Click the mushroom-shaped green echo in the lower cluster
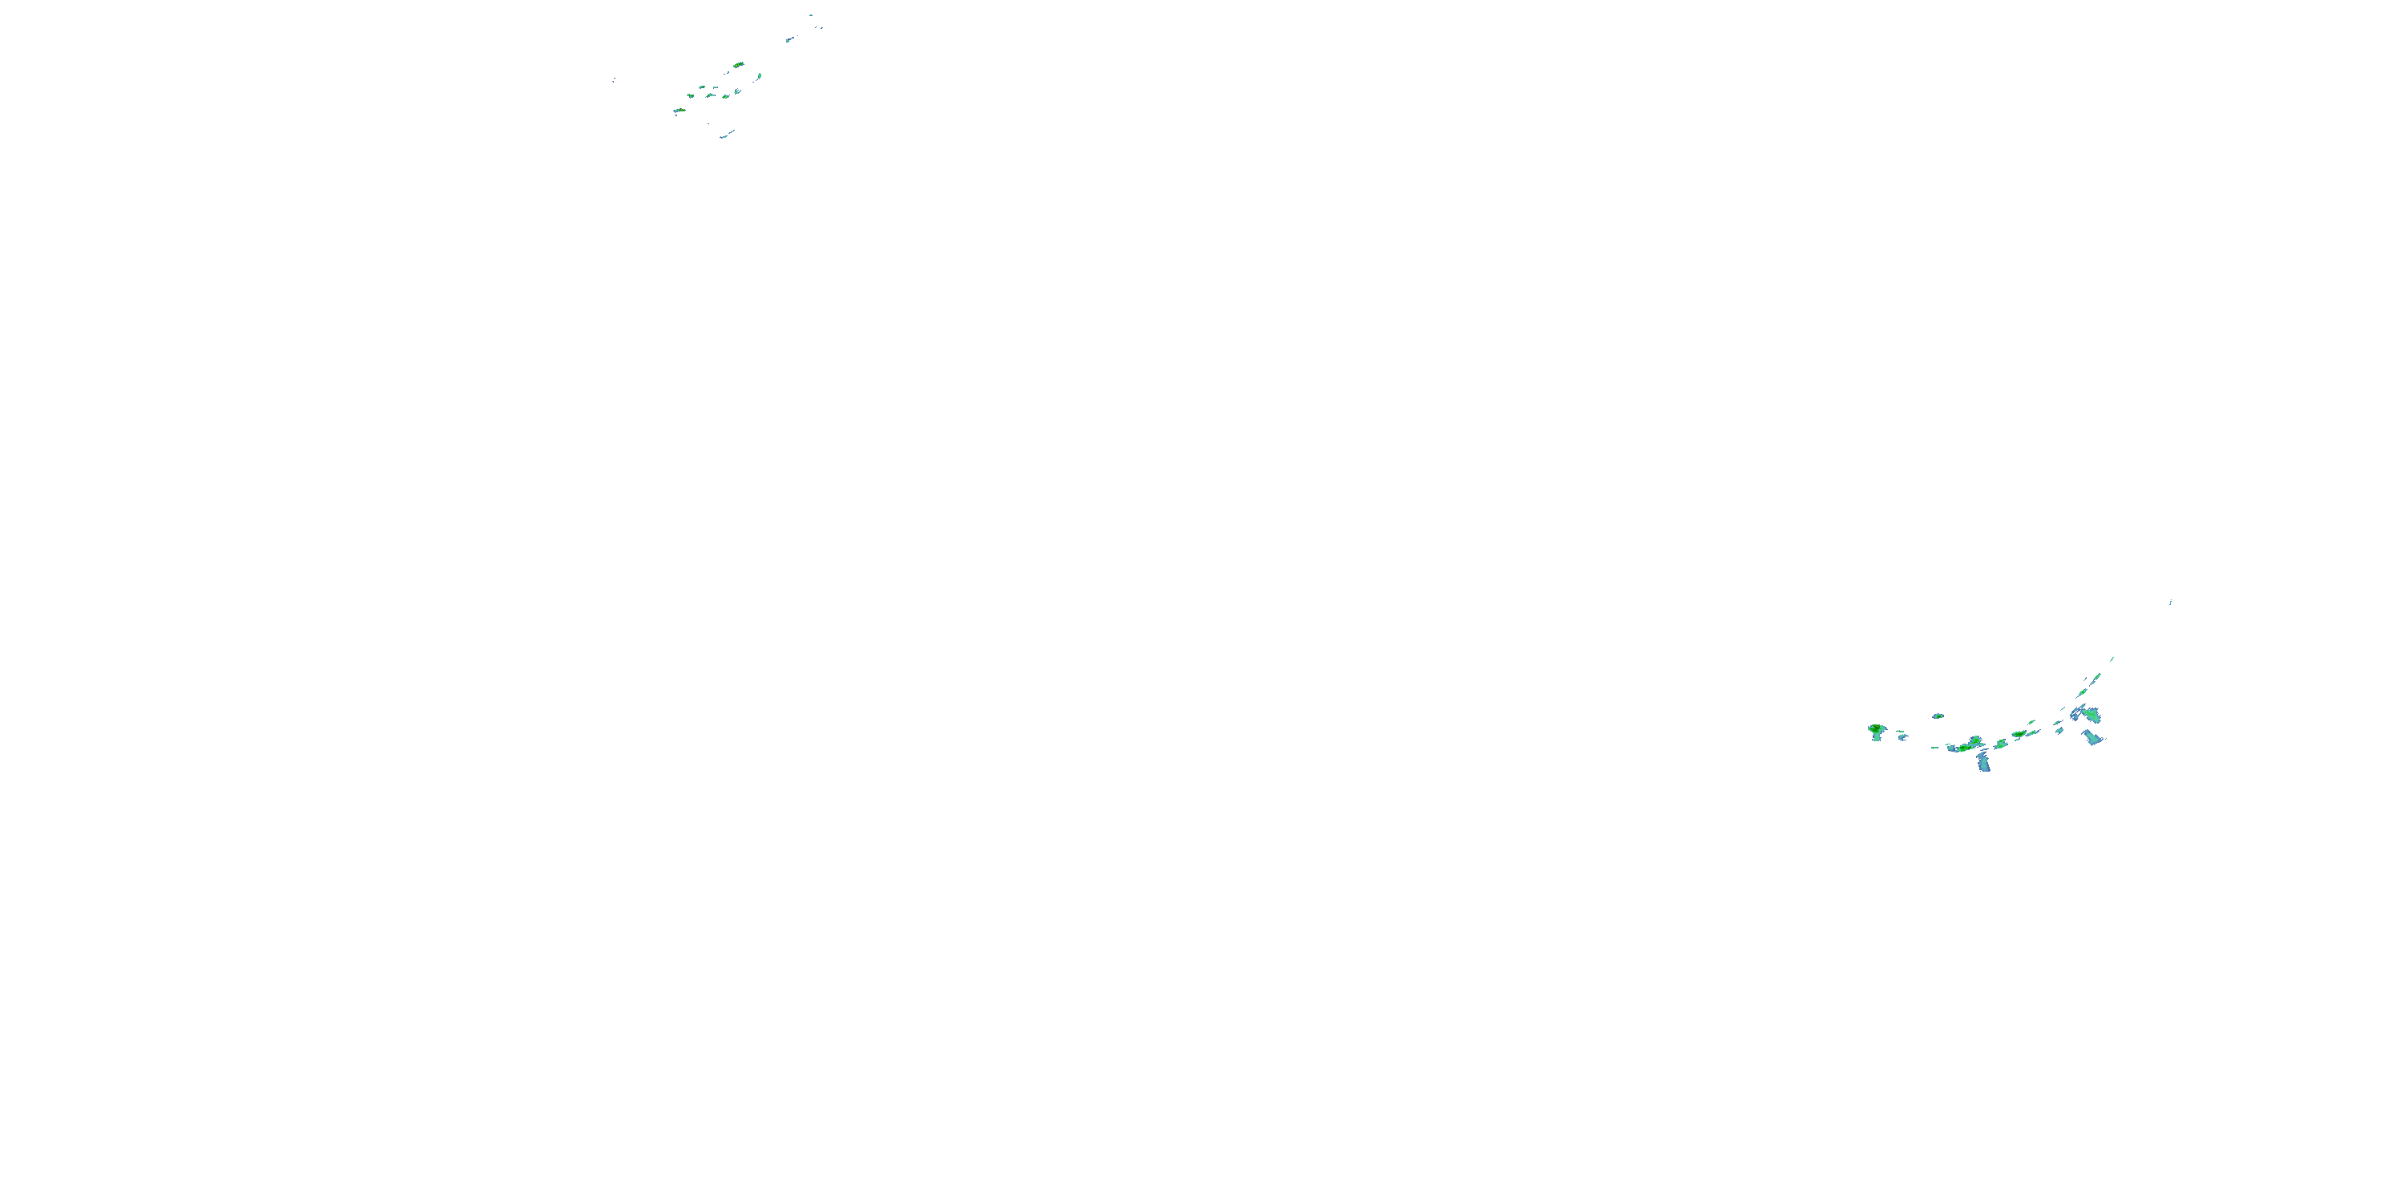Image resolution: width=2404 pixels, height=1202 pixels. tap(1876, 730)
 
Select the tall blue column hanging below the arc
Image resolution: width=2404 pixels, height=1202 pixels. tap(1983, 762)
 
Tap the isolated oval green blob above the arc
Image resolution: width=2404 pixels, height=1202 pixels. tap(1938, 716)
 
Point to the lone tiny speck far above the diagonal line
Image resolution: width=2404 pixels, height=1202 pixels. tap(2170, 602)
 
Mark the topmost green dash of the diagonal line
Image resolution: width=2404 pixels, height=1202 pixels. tap(2112, 659)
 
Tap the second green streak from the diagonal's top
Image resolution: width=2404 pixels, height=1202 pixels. tap(2097, 677)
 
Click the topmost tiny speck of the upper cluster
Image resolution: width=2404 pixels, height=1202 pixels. tap(811, 15)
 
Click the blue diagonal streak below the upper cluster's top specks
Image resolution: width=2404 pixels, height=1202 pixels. tap(789, 39)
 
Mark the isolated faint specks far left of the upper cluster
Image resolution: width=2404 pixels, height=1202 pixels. tap(613, 80)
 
